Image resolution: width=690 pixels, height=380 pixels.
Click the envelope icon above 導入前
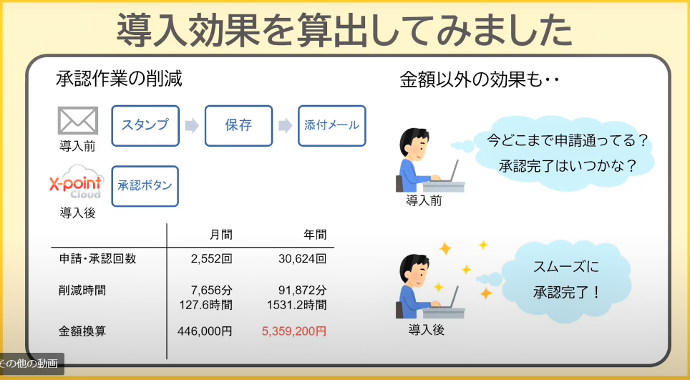[x=78, y=120]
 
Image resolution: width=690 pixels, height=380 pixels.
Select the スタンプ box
[x=145, y=126]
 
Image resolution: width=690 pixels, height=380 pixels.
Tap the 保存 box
[x=238, y=126]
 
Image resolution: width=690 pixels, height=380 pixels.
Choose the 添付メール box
[x=332, y=126]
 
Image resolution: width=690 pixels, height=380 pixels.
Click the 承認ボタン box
[x=145, y=186]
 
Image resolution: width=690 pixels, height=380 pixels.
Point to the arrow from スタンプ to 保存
[x=192, y=126]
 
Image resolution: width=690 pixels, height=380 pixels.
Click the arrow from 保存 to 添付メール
[x=285, y=126]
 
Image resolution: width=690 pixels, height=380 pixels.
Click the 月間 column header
[x=221, y=235]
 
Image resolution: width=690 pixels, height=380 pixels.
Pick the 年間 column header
[x=315, y=235]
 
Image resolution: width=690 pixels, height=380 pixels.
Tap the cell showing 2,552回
[x=211, y=258]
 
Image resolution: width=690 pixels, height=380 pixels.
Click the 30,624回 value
[x=302, y=258]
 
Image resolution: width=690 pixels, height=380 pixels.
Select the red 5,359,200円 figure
[x=294, y=331]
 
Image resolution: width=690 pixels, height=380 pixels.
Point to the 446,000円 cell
[x=205, y=331]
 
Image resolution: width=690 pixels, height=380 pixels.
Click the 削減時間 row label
[x=82, y=291]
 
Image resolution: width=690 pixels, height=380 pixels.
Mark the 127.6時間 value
[x=205, y=304]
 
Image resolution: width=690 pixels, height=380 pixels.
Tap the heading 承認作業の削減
[x=119, y=79]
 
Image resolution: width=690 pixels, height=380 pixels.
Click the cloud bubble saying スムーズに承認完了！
[x=565, y=280]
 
